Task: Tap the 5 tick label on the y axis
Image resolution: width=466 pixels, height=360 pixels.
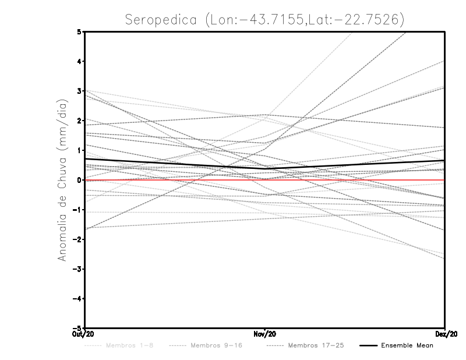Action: click(x=79, y=31)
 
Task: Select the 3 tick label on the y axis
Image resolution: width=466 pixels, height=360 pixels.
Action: click(x=79, y=91)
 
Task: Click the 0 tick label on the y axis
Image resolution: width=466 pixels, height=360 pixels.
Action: click(x=79, y=180)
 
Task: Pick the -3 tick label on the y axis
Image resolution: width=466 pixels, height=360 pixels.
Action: click(x=77, y=269)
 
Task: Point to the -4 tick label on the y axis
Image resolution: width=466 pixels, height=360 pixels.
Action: click(x=77, y=298)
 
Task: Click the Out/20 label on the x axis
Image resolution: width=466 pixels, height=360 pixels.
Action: click(x=84, y=334)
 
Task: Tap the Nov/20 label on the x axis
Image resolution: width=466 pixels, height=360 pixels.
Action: click(x=265, y=334)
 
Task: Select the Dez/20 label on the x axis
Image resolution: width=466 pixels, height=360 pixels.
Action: click(x=445, y=334)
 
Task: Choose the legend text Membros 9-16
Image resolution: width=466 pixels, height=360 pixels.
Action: click(x=216, y=346)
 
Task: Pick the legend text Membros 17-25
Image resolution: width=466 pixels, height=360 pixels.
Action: click(x=316, y=346)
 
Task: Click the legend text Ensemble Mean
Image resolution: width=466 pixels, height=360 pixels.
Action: click(x=407, y=346)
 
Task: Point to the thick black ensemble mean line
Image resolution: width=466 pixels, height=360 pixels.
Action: click(x=175, y=164)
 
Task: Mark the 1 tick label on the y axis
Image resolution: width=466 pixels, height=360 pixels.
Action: click(x=79, y=150)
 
